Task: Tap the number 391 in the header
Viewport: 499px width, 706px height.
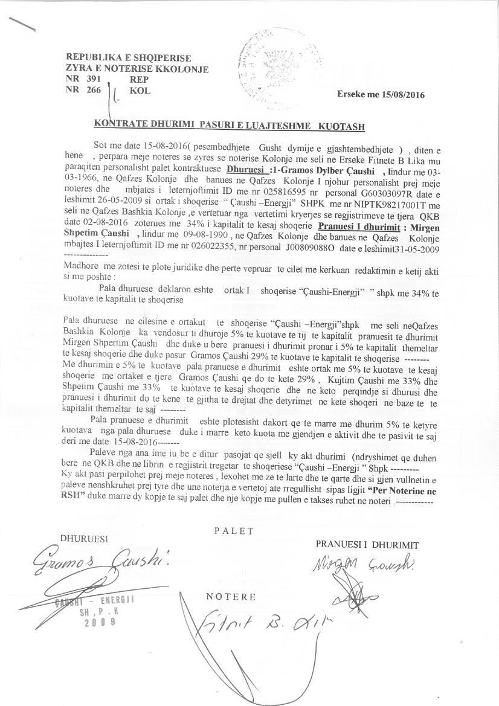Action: (x=93, y=79)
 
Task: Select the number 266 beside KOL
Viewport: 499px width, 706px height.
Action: (x=93, y=91)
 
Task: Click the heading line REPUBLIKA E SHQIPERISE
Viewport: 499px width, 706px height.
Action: (x=128, y=58)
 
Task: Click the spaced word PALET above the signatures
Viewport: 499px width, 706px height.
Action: (x=234, y=531)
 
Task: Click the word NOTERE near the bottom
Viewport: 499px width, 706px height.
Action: (x=231, y=596)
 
